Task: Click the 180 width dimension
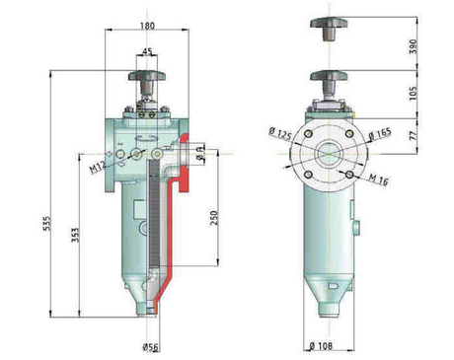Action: click(x=148, y=26)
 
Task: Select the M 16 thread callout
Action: click(x=379, y=181)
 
